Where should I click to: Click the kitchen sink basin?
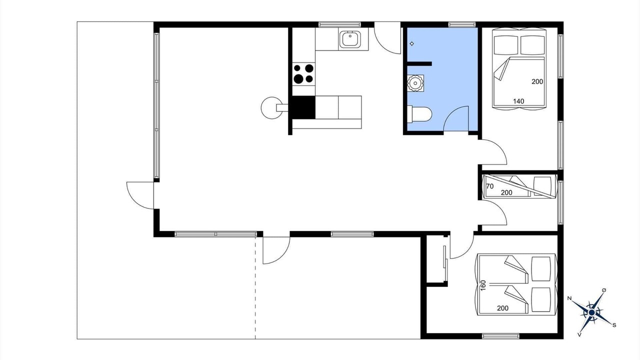point(349,39)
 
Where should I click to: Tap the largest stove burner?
point(298,78)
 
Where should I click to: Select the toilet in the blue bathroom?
point(419,113)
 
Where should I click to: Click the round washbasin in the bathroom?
point(415,83)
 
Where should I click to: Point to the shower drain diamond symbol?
point(411,43)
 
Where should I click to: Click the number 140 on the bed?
point(518,101)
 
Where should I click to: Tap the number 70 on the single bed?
point(489,186)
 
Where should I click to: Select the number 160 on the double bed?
point(483,285)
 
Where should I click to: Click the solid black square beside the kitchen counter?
point(303,107)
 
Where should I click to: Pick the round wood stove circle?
point(271,107)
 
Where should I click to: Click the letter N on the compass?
point(569,298)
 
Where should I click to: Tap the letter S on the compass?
point(614,325)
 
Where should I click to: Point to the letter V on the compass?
point(579,334)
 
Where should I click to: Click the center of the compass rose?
point(591,312)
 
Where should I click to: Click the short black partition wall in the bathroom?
point(419,63)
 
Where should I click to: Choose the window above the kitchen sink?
point(339,24)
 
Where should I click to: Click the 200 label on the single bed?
point(506,193)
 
